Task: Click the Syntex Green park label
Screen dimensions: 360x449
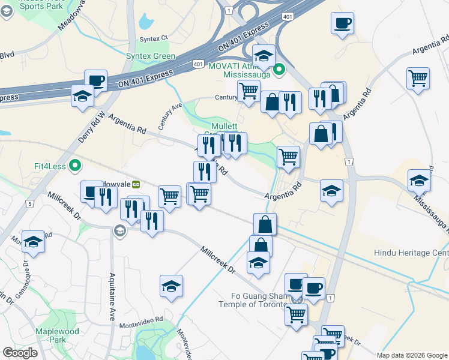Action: click(x=151, y=56)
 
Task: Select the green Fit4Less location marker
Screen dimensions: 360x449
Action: click(x=75, y=164)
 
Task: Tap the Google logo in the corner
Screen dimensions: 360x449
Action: click(x=20, y=353)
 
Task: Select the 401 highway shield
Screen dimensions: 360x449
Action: click(x=197, y=63)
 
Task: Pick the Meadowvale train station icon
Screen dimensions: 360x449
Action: click(x=136, y=184)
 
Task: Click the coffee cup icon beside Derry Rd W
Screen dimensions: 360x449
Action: click(x=95, y=80)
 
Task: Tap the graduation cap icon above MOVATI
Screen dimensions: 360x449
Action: click(x=263, y=56)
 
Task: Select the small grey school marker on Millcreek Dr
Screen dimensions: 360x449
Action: click(x=119, y=230)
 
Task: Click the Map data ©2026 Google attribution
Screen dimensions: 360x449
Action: click(x=411, y=355)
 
